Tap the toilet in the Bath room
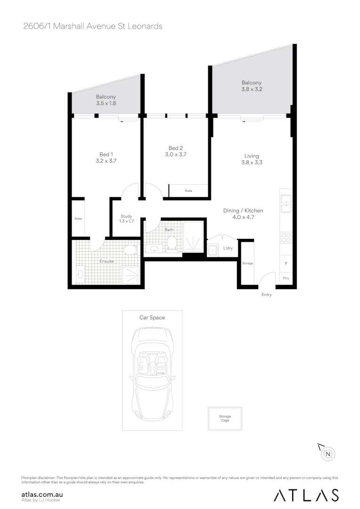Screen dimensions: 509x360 tap(172, 242)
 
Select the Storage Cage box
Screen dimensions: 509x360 tap(225, 419)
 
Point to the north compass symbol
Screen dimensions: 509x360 tap(328, 454)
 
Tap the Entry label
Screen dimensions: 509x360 tap(267, 295)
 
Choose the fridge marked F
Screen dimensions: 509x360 tap(286, 264)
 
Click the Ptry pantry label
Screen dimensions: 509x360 tap(286, 279)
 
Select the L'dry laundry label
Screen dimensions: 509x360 tap(228, 248)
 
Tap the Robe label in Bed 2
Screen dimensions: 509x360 tap(188, 191)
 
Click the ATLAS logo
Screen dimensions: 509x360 tap(306, 495)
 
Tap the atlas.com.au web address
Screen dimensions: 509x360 tap(42, 494)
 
